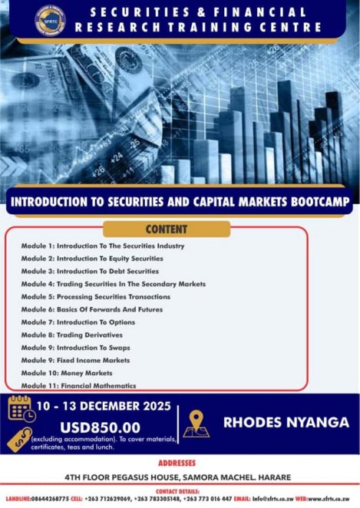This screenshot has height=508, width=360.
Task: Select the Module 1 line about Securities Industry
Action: tap(103, 246)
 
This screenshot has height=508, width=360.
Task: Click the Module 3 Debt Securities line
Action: tap(90, 271)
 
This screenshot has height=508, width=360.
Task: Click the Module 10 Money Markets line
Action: tap(67, 372)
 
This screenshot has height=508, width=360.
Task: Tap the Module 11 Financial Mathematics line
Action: tap(78, 385)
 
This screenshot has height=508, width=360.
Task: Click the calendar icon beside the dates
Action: tap(21, 407)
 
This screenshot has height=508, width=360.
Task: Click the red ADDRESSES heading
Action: tap(180, 463)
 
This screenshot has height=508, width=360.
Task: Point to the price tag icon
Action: tap(21, 437)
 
